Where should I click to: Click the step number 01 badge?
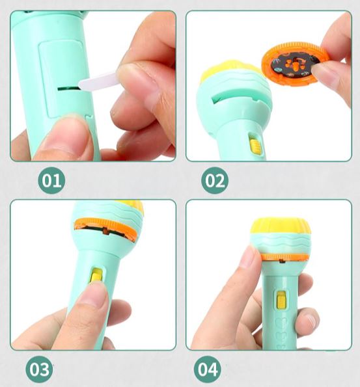51,180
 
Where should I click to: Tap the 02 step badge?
215,180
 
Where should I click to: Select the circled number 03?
39,369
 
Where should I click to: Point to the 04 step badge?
208,369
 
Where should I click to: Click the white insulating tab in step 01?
98,81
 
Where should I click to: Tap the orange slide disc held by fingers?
296,64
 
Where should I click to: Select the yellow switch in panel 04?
281,300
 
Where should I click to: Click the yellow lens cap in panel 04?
281,226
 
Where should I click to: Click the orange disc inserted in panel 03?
105,229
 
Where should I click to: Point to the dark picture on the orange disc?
294,64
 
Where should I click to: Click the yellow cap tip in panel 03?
131,206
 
